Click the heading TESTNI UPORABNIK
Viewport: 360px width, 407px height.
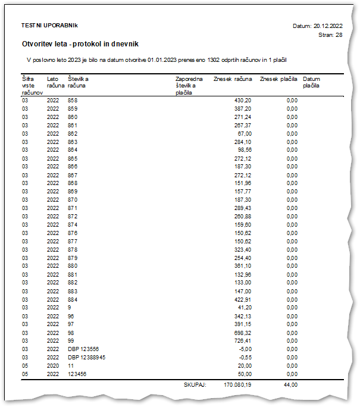49,26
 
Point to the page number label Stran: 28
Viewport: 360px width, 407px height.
331,35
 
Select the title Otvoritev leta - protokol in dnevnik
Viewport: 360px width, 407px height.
80,44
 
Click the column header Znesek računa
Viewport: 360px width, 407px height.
232,79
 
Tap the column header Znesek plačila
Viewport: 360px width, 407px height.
279,79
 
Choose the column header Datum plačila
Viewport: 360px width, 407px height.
311,83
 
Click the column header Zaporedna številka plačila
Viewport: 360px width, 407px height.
189,86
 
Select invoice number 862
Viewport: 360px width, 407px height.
73,134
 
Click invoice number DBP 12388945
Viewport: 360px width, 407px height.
86,357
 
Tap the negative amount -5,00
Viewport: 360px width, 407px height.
245,349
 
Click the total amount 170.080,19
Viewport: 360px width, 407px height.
237,385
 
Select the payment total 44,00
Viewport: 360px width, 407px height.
290,385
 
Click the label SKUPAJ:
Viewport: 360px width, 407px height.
195,385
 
